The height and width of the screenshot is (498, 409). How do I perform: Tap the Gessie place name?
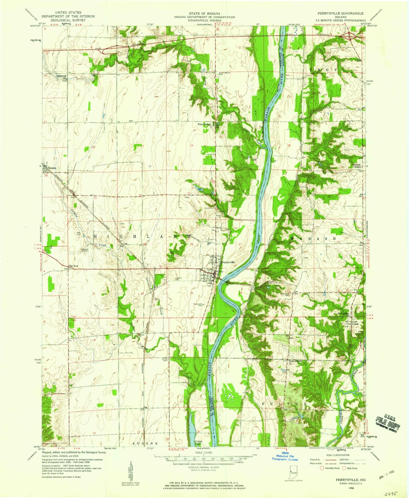point(52,168)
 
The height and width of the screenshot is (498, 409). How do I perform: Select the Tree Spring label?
point(204,124)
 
